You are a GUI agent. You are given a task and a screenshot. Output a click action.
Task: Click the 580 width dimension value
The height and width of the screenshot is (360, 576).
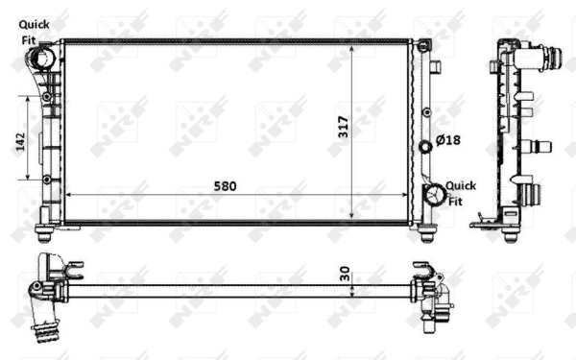225,186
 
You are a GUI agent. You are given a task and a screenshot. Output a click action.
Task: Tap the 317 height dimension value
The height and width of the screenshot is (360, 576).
343,127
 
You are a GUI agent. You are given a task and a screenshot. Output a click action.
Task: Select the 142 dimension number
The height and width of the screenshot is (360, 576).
20,141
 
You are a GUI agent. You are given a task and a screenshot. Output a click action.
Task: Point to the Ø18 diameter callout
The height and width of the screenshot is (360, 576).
447,140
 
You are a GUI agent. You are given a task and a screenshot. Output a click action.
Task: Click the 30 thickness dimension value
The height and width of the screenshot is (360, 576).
345,274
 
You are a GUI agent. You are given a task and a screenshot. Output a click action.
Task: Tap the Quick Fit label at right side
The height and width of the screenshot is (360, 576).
461,194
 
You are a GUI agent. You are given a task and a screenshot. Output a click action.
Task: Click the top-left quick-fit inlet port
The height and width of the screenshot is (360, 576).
40,58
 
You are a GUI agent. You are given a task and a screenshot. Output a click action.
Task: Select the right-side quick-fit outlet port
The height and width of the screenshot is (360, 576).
435,194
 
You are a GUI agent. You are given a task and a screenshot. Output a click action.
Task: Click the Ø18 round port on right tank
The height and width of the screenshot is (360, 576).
425,147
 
